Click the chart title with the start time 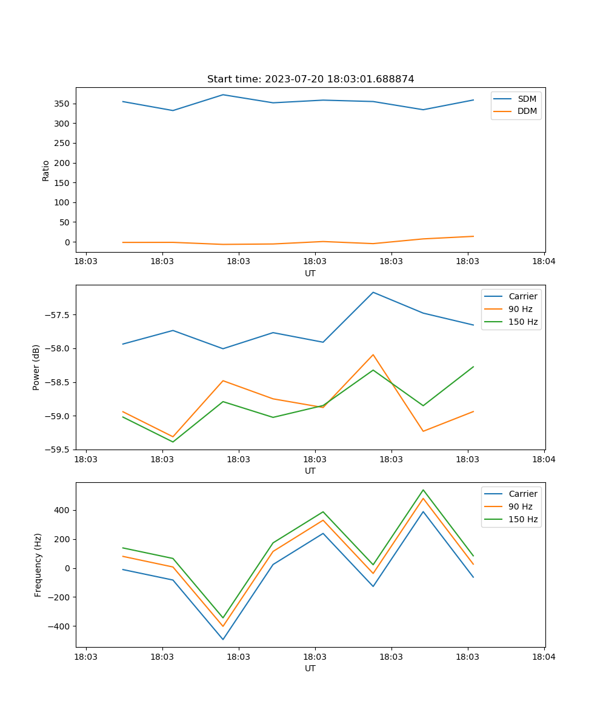[x=310, y=79]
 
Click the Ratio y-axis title [x=46, y=170]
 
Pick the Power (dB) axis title [x=36, y=367]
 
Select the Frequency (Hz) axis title [x=38, y=565]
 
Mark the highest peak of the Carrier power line [x=373, y=292]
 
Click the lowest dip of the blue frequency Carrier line [x=223, y=639]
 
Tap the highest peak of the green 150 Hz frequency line [x=423, y=490]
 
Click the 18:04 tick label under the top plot [x=544, y=262]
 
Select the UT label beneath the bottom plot [x=310, y=668]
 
